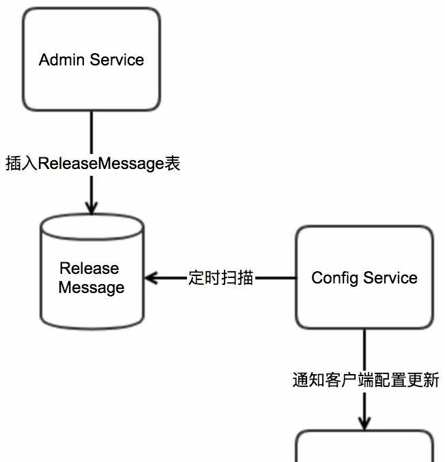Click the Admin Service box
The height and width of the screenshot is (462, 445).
point(91,59)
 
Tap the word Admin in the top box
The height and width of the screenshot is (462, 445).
point(61,60)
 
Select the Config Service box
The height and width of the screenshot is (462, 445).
point(364,278)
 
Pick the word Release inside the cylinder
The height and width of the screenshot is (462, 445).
point(89,268)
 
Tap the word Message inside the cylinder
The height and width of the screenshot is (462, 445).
point(91,288)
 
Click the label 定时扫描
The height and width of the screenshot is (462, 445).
point(221,278)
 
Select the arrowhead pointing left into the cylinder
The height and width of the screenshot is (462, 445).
point(151,278)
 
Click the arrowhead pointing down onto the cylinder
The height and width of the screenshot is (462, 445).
point(91,206)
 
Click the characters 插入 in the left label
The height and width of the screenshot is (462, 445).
point(21,164)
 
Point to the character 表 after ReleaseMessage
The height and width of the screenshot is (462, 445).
point(173,164)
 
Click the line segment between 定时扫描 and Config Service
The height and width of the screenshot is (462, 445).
point(275,278)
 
